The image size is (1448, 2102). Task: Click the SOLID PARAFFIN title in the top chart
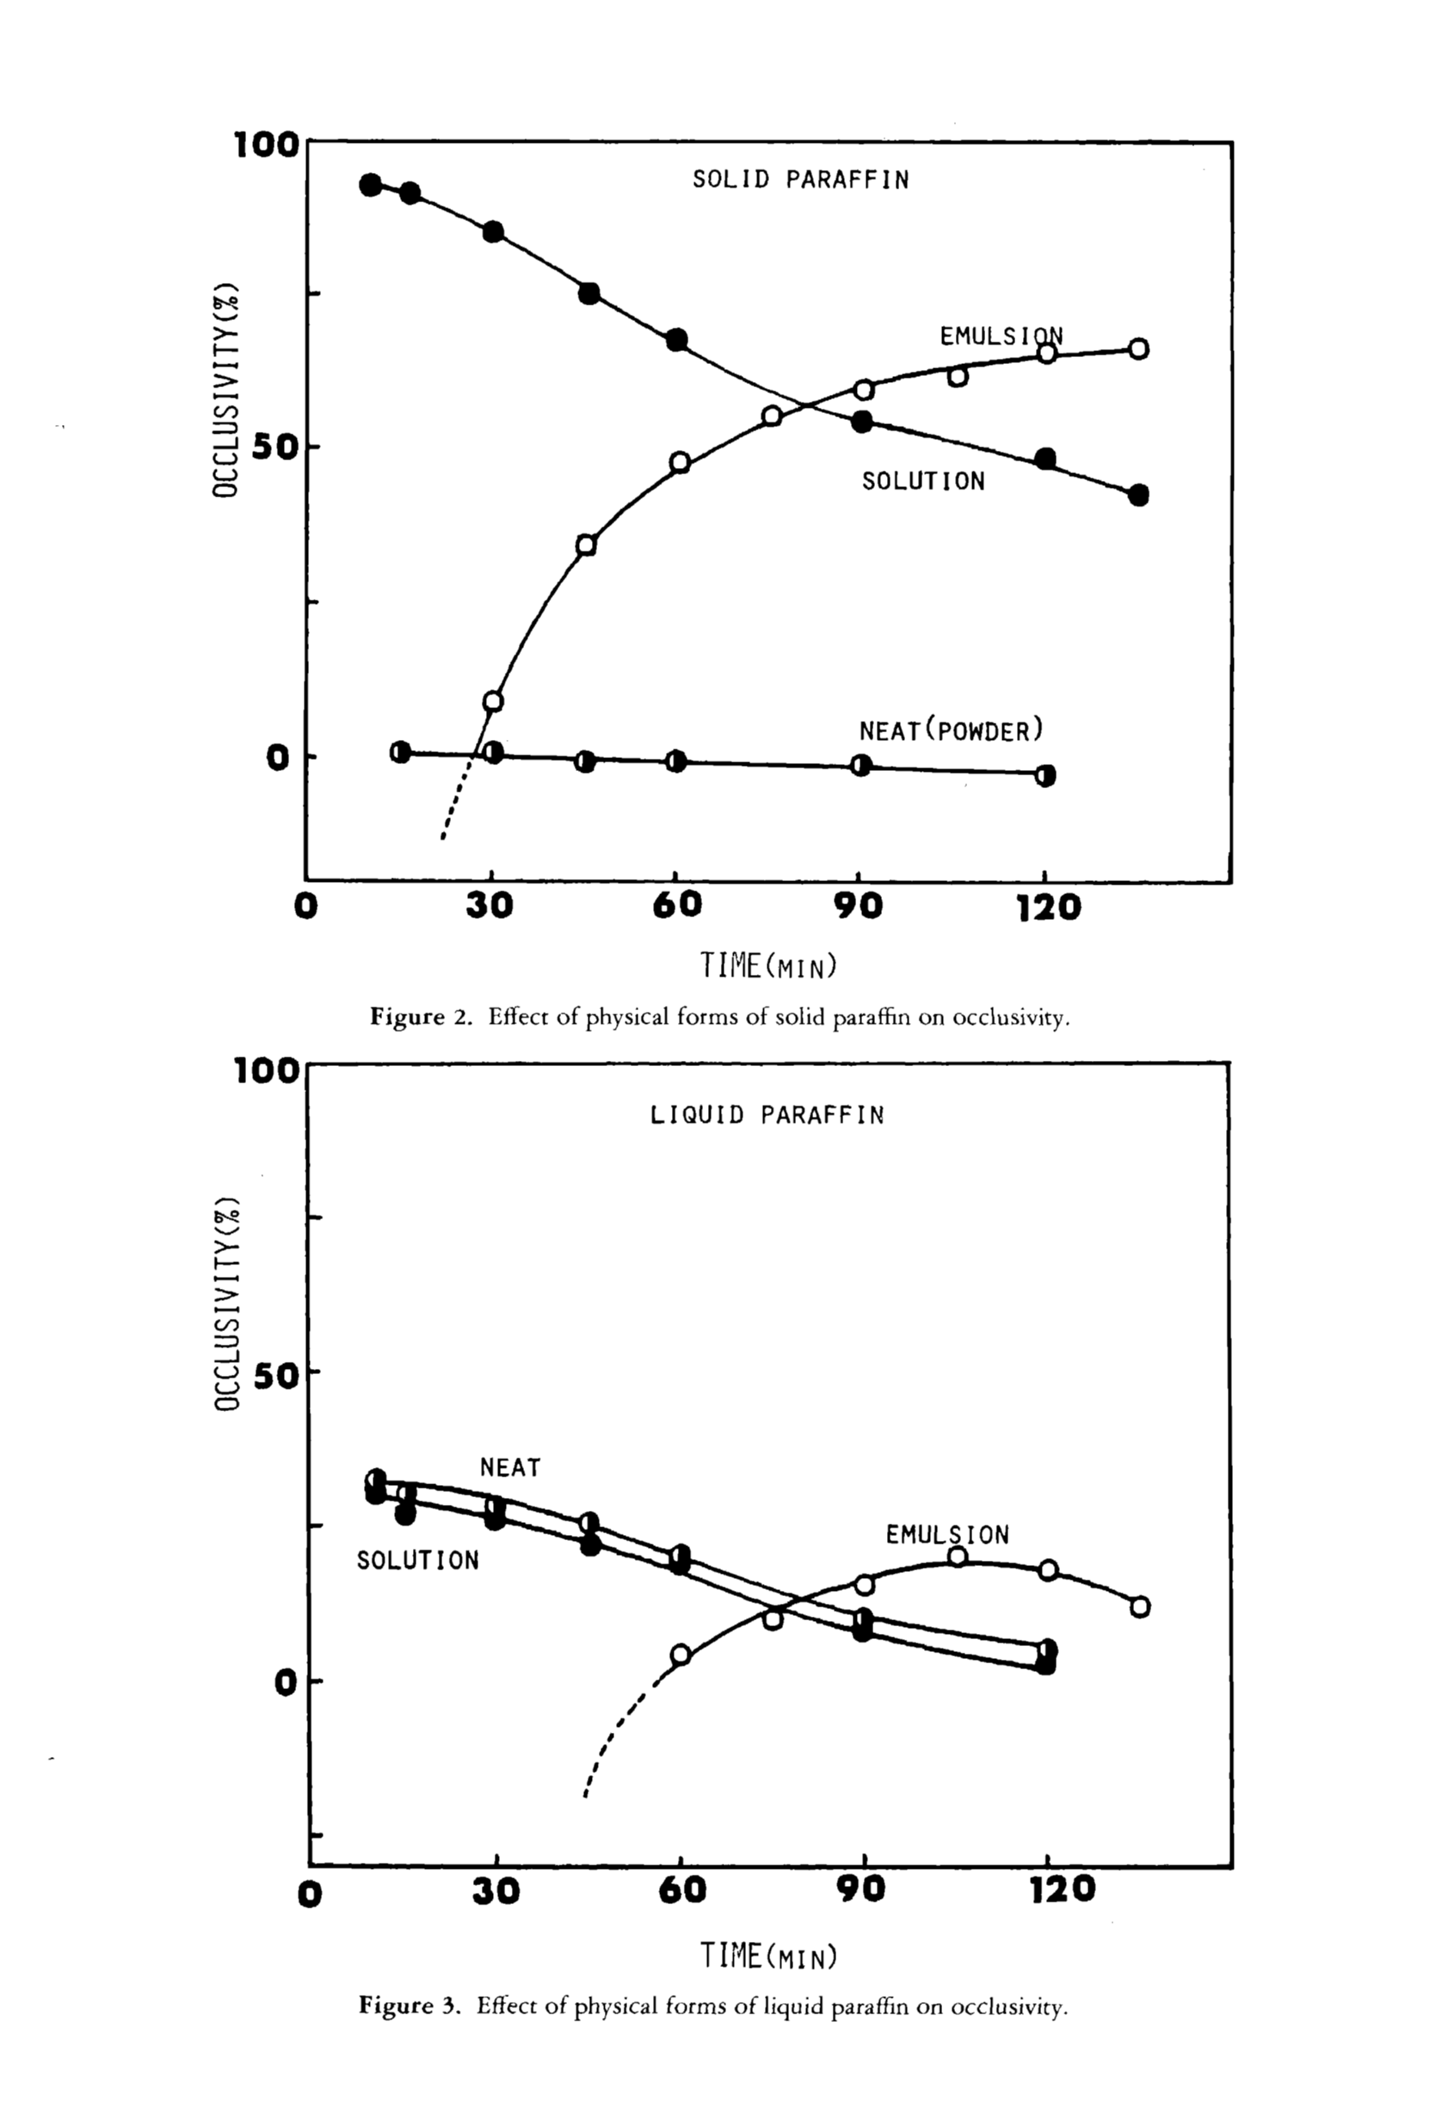[x=800, y=180]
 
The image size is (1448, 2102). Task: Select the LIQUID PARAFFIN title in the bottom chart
[x=767, y=1115]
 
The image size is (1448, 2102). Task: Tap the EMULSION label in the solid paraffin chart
[x=1001, y=336]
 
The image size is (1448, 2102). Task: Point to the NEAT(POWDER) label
[x=951, y=730]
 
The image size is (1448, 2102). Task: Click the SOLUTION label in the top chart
[x=922, y=481]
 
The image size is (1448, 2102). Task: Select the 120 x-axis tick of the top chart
[x=1048, y=907]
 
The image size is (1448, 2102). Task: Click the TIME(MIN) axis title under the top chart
[x=767, y=966]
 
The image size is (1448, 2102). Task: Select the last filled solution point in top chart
[x=1138, y=496]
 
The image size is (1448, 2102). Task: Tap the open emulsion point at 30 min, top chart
[x=493, y=701]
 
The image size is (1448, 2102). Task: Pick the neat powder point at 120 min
[x=1045, y=775]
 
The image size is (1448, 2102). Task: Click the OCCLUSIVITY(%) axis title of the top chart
[x=225, y=390]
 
